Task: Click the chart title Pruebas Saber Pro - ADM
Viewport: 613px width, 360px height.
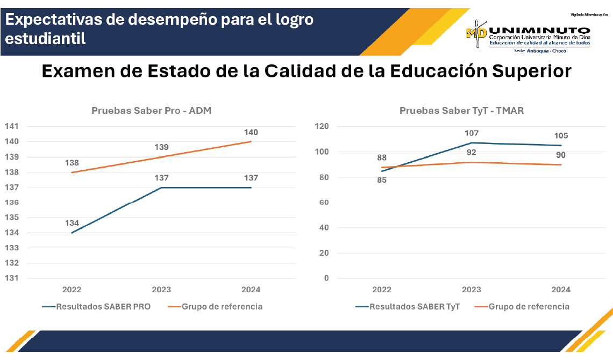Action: pyautogui.click(x=151, y=111)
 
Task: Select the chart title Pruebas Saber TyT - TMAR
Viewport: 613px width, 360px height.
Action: pyautogui.click(x=461, y=111)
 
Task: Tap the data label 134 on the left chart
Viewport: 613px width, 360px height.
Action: pyautogui.click(x=72, y=223)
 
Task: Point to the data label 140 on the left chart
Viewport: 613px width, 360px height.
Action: pyautogui.click(x=251, y=132)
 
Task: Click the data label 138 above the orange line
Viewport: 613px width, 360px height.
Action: pyautogui.click(x=72, y=163)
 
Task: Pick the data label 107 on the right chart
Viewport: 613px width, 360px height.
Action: pyautogui.click(x=472, y=133)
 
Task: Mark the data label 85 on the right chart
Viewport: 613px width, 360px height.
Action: pyautogui.click(x=382, y=180)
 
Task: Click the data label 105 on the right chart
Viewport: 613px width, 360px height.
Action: pyautogui.click(x=561, y=135)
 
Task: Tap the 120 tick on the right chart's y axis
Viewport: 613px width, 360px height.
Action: pyautogui.click(x=322, y=127)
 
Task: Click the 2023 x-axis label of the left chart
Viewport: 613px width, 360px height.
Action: pyautogui.click(x=161, y=290)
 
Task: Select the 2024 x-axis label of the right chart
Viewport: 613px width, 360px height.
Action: pyautogui.click(x=561, y=290)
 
